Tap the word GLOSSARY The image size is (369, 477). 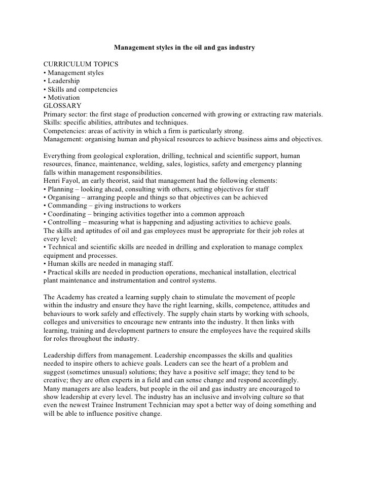[x=63, y=106]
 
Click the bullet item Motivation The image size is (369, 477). [x=63, y=98]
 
